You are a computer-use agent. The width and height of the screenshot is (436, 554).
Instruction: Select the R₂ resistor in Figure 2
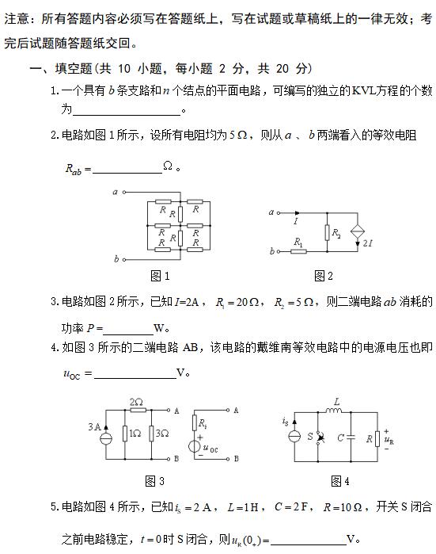click(327, 232)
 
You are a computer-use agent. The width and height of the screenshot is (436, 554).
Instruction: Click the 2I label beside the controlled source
click(369, 243)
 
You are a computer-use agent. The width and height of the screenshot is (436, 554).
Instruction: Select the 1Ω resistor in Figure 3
click(126, 434)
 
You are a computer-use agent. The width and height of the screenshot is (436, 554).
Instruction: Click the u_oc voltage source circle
click(194, 445)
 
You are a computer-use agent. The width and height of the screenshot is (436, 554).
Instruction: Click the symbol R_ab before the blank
click(78, 169)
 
